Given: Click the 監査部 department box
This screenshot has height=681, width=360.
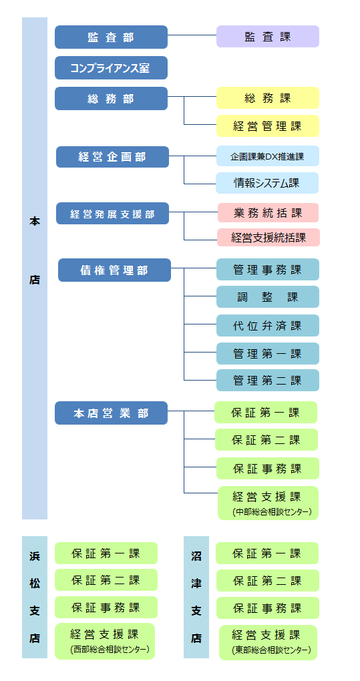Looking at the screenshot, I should [x=111, y=37].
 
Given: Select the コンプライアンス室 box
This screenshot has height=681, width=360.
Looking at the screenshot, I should [x=111, y=68].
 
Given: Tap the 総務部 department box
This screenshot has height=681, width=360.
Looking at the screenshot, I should [x=111, y=99].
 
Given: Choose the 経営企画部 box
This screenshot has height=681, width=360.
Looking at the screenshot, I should [x=112, y=157].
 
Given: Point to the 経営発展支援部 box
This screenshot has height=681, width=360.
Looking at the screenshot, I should [x=112, y=214].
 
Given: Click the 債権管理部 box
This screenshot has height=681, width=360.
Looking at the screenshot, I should [x=114, y=270].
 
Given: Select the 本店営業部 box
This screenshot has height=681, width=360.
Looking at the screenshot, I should [x=111, y=413].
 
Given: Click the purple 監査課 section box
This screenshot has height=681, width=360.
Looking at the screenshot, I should [x=267, y=37].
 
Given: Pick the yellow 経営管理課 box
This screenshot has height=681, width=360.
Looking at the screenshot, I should [x=267, y=126].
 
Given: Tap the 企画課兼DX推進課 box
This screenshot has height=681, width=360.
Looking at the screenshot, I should [x=267, y=156].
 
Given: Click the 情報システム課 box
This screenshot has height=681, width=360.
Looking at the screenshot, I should [x=267, y=183].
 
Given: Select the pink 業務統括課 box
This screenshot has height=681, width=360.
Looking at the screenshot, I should [x=267, y=213].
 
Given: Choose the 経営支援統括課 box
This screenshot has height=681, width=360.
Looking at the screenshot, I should [x=268, y=237].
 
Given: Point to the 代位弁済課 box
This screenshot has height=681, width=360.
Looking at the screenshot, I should [x=267, y=326].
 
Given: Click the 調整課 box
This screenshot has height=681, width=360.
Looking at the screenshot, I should [x=267, y=297].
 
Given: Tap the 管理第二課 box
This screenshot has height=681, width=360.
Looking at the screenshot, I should [x=267, y=381].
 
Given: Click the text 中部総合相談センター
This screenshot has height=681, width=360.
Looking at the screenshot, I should [x=268, y=512].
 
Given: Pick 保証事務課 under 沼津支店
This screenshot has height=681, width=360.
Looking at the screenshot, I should [x=267, y=608].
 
